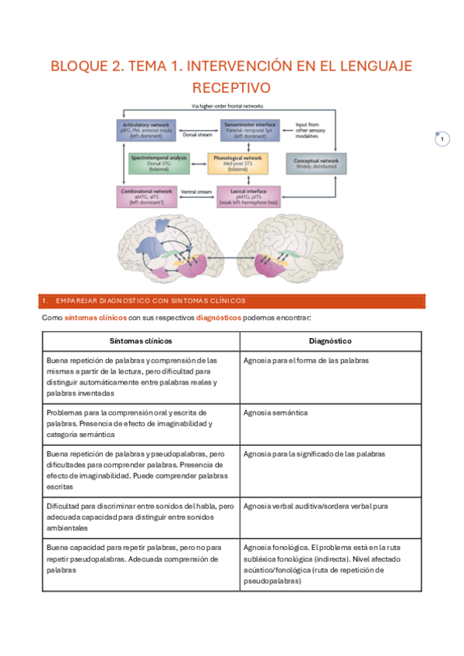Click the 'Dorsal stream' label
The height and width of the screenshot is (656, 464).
pos(196,134)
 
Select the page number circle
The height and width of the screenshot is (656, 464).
pos(442,139)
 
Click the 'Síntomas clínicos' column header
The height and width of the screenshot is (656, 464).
pos(141,340)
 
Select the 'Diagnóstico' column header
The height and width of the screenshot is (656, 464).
pos(330,340)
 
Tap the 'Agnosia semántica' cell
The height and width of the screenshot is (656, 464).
pos(275,412)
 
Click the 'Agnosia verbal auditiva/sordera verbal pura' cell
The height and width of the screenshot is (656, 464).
pos(316,506)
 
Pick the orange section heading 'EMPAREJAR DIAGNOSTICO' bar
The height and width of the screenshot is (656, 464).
pos(231,300)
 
